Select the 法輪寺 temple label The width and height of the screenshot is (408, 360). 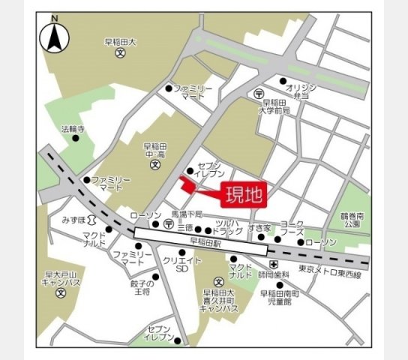(73, 129)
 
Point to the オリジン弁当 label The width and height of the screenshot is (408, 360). (302, 91)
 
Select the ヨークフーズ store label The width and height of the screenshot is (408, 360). (292, 227)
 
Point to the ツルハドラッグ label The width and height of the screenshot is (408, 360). (227, 227)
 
